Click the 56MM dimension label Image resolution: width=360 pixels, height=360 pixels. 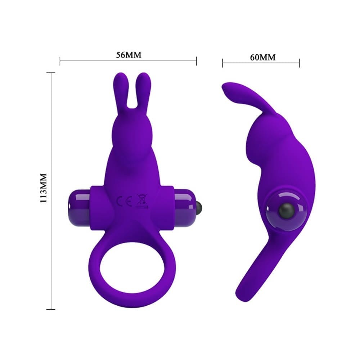point(128,55)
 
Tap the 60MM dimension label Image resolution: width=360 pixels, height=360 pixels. point(262,57)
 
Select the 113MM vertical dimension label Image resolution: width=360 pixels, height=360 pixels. point(44,188)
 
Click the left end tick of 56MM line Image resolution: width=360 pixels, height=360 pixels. point(60,61)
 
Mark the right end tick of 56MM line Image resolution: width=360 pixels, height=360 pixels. point(197,61)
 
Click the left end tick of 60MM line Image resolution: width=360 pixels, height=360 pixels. point(223,63)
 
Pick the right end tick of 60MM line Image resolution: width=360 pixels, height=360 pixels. point(300,63)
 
